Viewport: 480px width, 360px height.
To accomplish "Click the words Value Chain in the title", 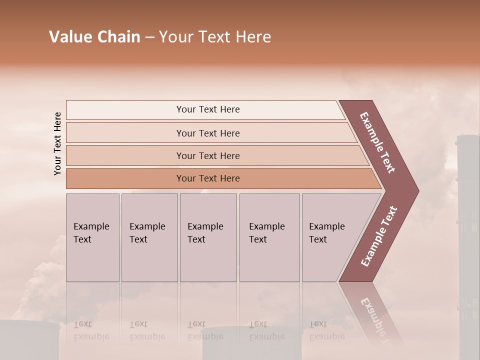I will click(94, 37).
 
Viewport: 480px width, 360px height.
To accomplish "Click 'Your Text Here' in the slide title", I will click(215, 37).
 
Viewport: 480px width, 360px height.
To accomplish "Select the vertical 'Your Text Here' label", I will click(57, 143).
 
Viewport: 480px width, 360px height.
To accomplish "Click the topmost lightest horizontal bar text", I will click(208, 109).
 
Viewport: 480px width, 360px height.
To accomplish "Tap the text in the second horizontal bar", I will click(208, 133).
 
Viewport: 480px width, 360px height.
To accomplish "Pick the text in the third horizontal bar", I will click(208, 156).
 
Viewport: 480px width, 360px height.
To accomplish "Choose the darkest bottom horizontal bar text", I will click(208, 178).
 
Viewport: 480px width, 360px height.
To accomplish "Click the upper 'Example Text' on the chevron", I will click(377, 142).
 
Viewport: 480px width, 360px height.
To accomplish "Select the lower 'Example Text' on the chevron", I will click(378, 236).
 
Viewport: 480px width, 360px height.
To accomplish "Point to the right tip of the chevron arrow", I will click(417, 191).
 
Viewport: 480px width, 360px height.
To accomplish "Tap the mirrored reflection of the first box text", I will click(91, 330).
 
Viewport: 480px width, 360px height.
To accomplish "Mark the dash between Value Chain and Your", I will click(149, 37).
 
